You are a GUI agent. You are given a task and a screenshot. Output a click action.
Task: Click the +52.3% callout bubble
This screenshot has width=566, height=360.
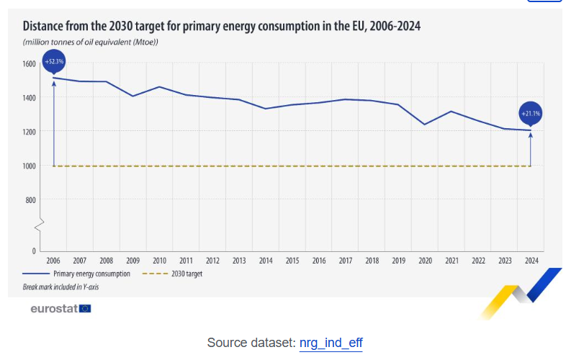[x=54, y=62]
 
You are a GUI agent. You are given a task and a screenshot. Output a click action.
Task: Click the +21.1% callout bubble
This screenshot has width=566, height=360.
[x=531, y=113]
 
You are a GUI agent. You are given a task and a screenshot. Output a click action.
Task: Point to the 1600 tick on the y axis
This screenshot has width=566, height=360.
[x=28, y=64]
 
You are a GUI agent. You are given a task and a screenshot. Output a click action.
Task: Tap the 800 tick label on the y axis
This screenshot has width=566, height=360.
[x=30, y=200]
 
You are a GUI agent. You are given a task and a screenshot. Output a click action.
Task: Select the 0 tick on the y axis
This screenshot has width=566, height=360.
[x=33, y=251]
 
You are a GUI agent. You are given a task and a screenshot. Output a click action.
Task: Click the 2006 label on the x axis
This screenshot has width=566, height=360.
[x=53, y=261]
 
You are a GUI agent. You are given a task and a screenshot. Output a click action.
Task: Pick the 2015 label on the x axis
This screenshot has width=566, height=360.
[x=292, y=261]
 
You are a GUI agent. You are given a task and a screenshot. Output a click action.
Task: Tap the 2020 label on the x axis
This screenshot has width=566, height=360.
[x=425, y=261]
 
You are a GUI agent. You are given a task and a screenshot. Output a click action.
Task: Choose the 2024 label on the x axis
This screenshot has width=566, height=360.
[x=531, y=261]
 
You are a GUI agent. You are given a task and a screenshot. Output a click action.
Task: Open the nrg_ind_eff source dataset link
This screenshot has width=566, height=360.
[x=331, y=343]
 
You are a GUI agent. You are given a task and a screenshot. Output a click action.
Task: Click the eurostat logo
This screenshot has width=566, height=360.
[x=60, y=309]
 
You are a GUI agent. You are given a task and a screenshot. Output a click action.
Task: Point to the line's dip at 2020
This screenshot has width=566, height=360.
[x=425, y=125]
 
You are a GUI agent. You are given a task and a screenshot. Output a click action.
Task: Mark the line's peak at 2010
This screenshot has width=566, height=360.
[x=159, y=86]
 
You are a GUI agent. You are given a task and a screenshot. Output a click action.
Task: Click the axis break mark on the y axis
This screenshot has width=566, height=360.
[x=40, y=226]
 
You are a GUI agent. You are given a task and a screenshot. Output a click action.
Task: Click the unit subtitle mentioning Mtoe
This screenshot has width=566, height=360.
[x=90, y=42]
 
